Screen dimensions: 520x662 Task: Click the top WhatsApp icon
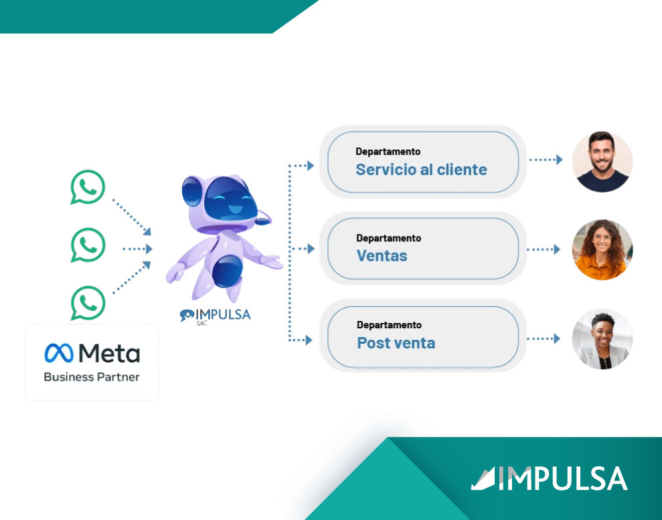click(x=88, y=187)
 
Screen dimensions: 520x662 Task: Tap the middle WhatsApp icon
click(x=88, y=245)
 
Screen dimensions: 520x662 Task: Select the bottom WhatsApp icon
click(x=88, y=303)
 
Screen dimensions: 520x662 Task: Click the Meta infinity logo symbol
click(x=58, y=353)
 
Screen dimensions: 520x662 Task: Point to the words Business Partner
click(x=92, y=377)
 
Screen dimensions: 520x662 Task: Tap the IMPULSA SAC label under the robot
click(x=215, y=316)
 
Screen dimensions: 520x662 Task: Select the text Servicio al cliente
click(x=421, y=170)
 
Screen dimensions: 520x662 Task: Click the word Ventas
click(x=382, y=255)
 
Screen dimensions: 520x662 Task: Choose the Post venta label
click(x=396, y=343)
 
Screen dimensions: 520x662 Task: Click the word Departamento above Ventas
click(x=388, y=238)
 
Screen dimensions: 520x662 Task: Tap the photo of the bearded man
click(x=602, y=161)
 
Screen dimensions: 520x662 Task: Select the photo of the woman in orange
click(x=602, y=249)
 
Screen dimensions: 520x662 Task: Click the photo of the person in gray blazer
click(x=602, y=339)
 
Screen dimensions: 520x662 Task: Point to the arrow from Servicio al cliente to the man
click(x=545, y=160)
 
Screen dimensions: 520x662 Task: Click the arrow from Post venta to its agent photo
click(x=545, y=339)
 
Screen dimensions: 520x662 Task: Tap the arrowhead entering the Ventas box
click(x=310, y=249)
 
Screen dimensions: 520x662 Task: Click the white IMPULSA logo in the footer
click(x=549, y=478)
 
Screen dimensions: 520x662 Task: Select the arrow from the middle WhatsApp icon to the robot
click(x=138, y=249)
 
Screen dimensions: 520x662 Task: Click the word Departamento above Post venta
click(x=389, y=325)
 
